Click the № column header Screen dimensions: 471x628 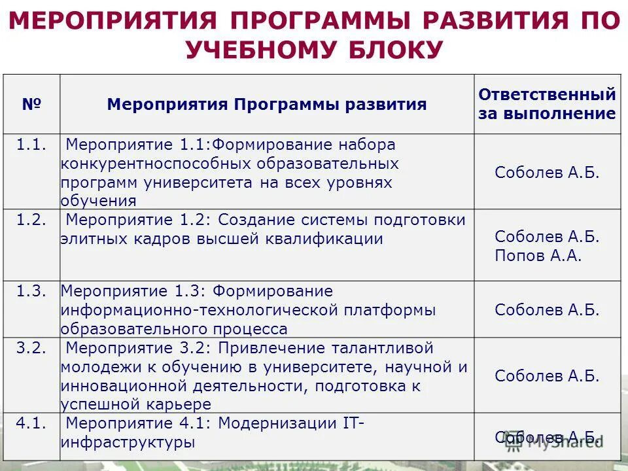point(31,104)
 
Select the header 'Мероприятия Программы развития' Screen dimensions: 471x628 point(267,105)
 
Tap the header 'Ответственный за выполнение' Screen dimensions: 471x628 point(547,104)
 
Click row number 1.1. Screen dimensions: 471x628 point(31,145)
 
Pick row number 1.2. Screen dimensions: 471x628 point(31,220)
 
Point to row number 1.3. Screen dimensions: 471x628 point(31,292)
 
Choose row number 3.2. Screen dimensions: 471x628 point(31,348)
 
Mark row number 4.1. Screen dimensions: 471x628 point(31,423)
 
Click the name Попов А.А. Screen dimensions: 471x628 point(538,256)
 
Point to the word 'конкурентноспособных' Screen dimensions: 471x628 point(158,164)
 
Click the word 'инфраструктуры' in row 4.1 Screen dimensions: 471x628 point(128,443)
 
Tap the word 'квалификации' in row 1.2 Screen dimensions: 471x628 point(324,239)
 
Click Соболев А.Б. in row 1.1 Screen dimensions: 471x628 point(547,173)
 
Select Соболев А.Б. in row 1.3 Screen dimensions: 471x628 point(547,310)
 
